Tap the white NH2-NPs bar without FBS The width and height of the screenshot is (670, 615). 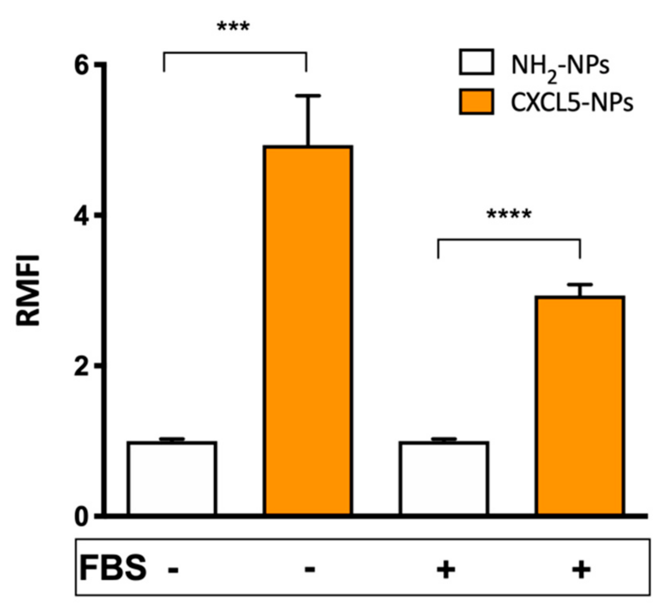point(172,478)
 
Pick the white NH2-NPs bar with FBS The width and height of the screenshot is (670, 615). point(444,478)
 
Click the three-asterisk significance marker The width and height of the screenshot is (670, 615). point(233,28)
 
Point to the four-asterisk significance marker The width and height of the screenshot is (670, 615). point(509,215)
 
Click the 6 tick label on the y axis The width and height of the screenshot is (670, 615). point(82,66)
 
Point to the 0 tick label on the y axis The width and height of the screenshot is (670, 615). point(82,517)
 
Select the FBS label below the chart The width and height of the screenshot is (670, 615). point(113,568)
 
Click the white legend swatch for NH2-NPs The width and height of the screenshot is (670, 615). point(476,62)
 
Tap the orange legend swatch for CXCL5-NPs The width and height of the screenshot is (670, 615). point(476,101)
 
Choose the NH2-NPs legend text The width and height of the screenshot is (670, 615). point(560,66)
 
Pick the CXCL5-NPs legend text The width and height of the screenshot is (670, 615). point(572,102)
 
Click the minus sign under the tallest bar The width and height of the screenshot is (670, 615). point(309,569)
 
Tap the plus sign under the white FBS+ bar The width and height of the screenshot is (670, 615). point(446,569)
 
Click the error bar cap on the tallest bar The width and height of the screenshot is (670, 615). point(308,96)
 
